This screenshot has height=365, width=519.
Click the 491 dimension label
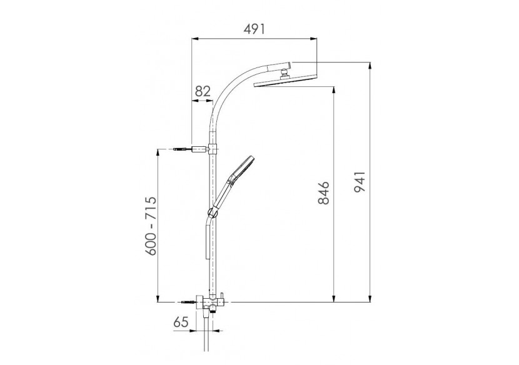[254, 29]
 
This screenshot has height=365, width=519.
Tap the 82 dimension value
[203, 91]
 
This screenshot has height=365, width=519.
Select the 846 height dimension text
[323, 192]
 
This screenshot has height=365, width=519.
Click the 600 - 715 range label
[151, 226]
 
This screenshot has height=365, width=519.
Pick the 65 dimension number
[181, 322]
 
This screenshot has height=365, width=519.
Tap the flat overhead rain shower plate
[285, 81]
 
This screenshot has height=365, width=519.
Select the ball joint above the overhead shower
[284, 72]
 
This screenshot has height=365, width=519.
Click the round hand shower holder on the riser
[212, 212]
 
